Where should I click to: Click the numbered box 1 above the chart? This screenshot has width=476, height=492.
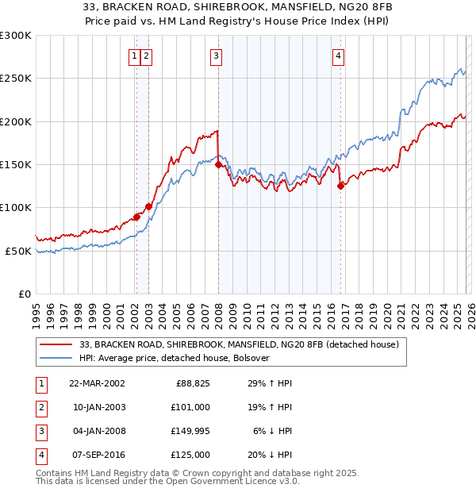point(135,56)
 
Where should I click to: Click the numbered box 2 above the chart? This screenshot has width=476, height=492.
point(148,56)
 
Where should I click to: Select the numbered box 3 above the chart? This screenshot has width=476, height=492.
point(216,56)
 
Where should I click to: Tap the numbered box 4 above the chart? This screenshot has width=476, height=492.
point(338,56)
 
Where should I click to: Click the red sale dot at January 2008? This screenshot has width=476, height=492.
point(218,164)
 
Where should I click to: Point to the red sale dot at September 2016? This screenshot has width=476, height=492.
point(340,186)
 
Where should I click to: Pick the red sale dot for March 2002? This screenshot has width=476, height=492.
point(136,217)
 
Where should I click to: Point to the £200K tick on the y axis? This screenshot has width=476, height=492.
point(16,121)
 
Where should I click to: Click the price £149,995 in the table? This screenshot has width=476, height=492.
point(188,431)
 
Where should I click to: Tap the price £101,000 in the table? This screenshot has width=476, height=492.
point(190,407)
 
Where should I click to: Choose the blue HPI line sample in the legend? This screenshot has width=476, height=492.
point(57,358)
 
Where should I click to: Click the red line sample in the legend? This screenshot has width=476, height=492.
point(57,344)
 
